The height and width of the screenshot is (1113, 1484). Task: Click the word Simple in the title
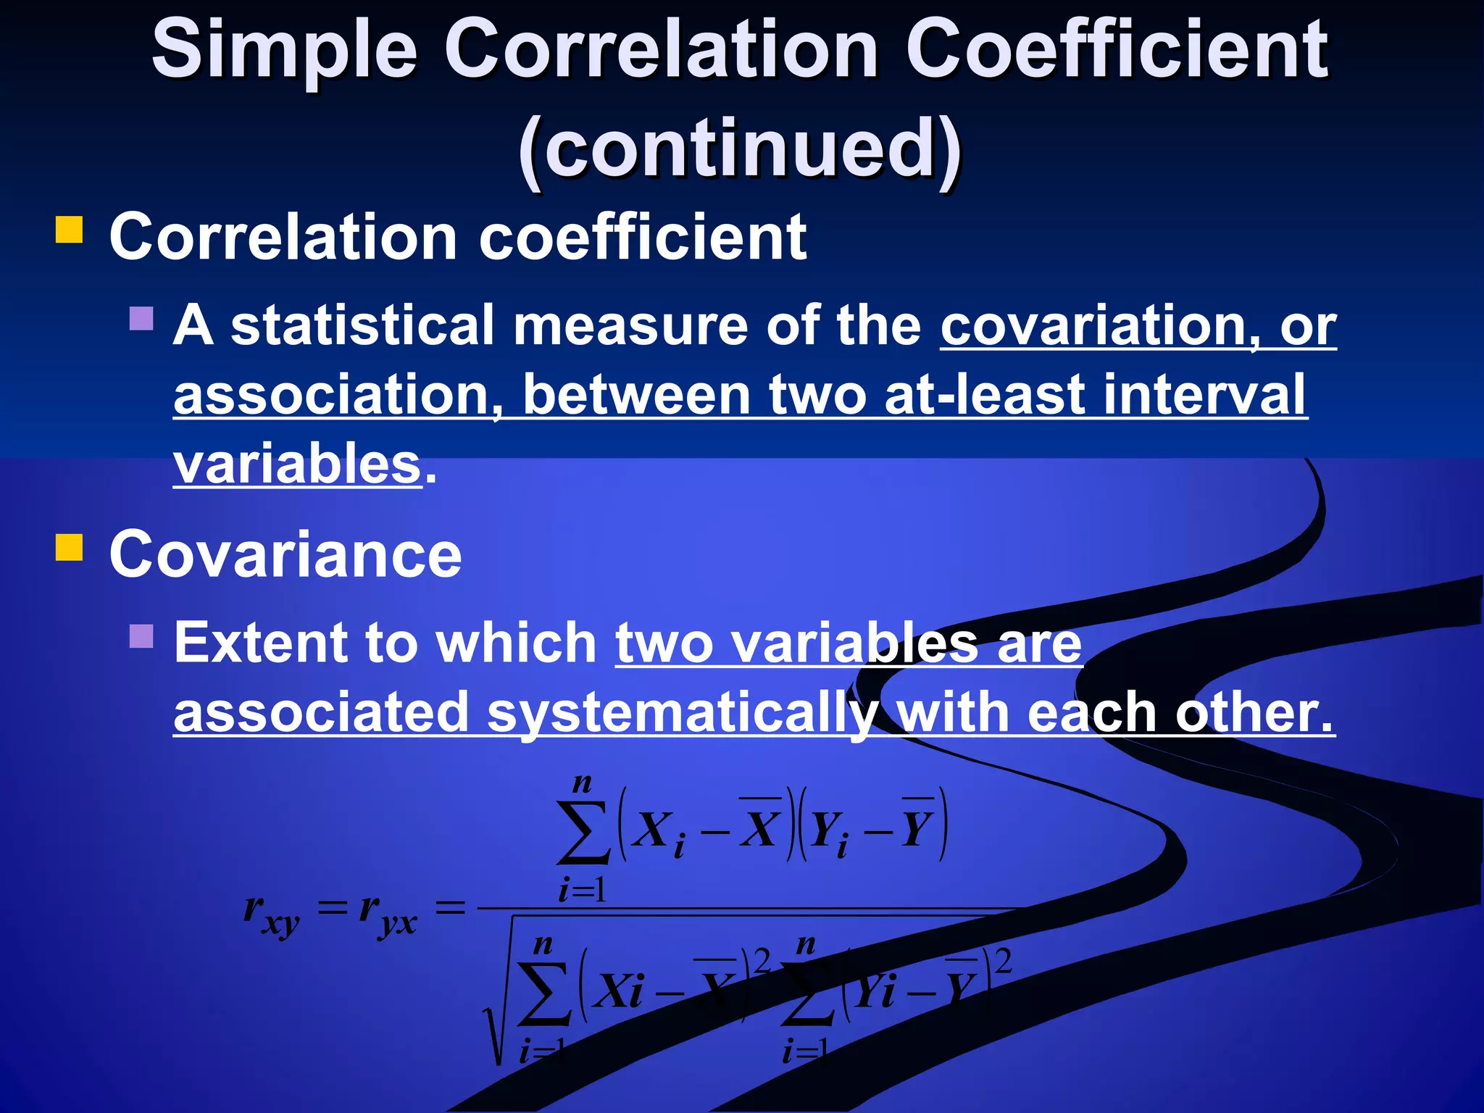[284, 51]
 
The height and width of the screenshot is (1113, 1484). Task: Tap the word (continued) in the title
[741, 149]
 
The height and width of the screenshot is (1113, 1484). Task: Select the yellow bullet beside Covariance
[70, 548]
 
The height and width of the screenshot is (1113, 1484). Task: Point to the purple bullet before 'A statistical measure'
[141, 319]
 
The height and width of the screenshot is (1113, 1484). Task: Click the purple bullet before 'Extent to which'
[141, 636]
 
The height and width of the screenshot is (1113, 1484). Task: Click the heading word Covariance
[285, 555]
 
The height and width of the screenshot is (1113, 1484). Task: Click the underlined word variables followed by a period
[297, 464]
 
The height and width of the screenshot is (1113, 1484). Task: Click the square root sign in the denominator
[500, 1014]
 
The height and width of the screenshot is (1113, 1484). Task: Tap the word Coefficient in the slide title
[1116, 51]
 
